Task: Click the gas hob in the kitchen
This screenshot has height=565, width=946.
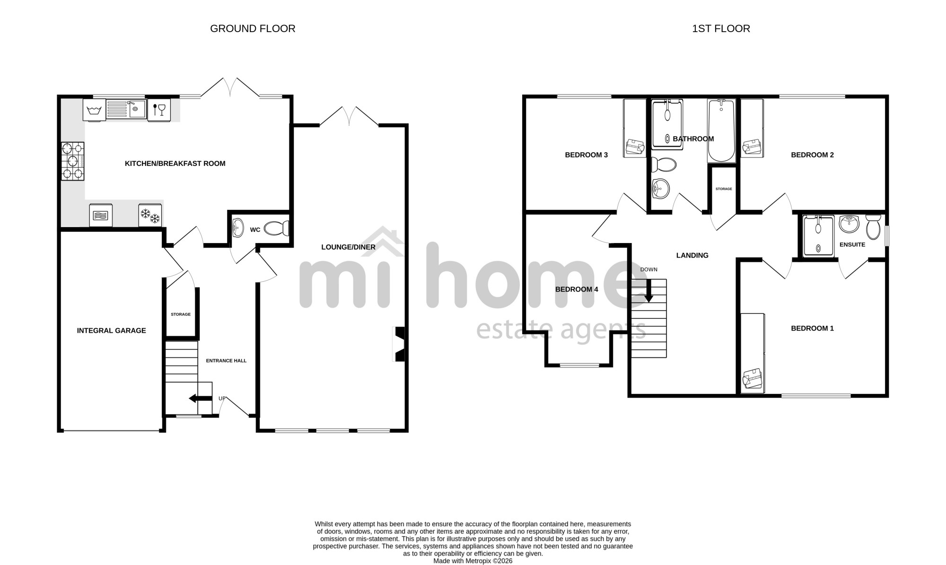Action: coord(73,161)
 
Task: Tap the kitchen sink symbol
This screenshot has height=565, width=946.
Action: coord(126,110)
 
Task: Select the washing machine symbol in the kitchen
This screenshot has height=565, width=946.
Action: coord(94,110)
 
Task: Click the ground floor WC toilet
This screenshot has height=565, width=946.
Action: coord(277,229)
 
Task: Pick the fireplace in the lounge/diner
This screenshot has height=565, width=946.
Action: coord(399,344)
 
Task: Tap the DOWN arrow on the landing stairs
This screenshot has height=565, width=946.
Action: coord(648,291)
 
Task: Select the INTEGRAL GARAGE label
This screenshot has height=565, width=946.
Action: coord(112,330)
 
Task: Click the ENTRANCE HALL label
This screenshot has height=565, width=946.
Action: coord(226,361)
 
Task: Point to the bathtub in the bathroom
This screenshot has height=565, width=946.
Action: coord(721,130)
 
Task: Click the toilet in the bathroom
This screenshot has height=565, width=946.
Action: coord(664,165)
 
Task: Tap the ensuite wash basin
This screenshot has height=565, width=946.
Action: coord(850,224)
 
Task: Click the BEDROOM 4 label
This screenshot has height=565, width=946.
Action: coord(577,289)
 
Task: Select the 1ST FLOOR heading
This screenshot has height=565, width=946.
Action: coord(721,29)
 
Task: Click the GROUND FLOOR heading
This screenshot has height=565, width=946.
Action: coord(253,29)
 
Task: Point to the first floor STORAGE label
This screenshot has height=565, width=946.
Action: coord(724,189)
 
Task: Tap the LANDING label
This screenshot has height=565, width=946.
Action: coord(692,255)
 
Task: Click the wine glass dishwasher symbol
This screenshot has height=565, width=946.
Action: coord(159,110)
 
